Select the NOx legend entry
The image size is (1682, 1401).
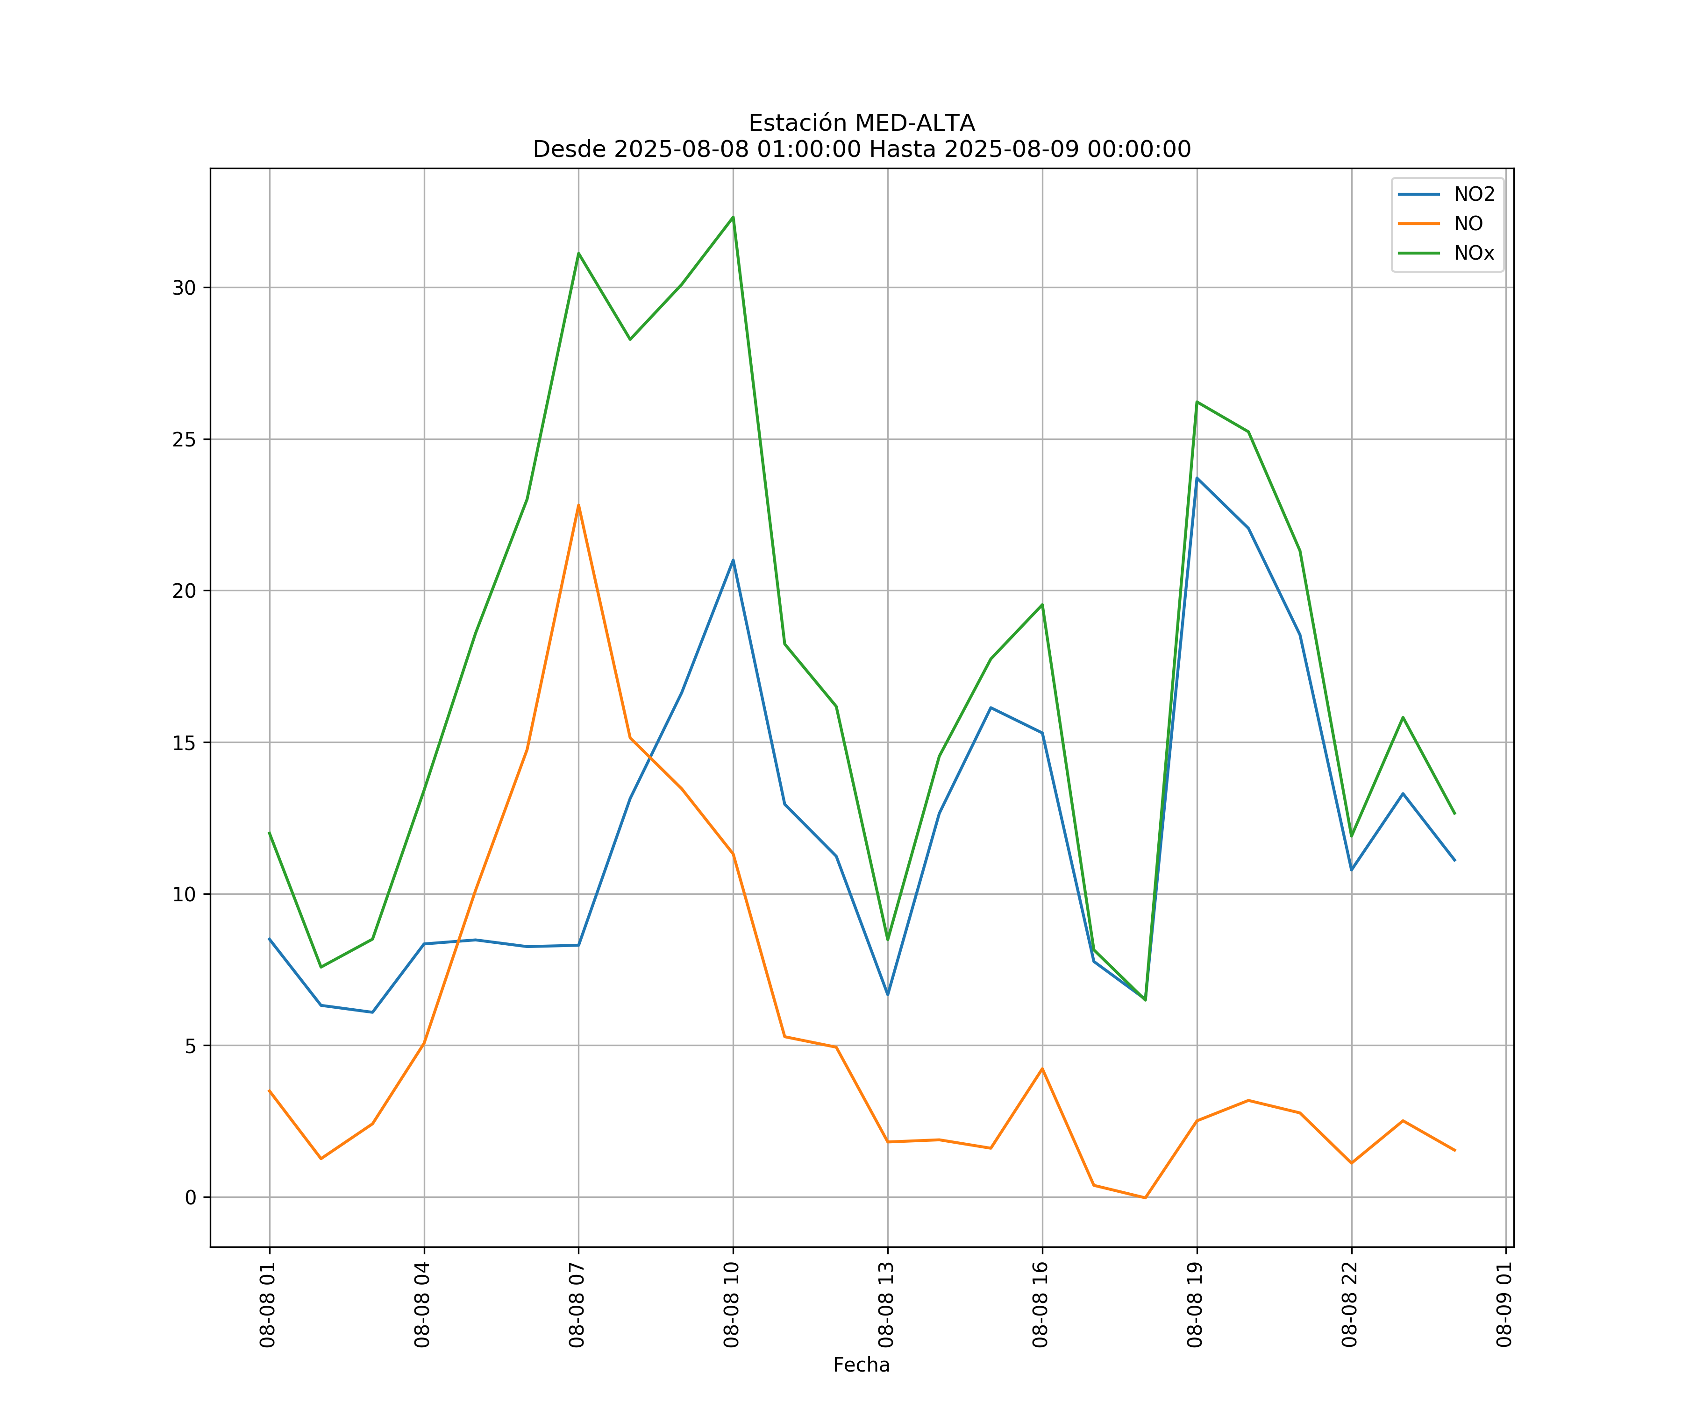pos(1474,253)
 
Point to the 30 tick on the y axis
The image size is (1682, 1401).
pos(184,287)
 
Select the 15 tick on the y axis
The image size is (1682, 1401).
pos(184,742)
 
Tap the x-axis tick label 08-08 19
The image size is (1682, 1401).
pos(1196,1304)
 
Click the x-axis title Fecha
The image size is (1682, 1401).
pos(861,1365)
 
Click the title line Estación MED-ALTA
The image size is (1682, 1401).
pos(861,123)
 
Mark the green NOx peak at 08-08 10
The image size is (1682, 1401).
pos(733,217)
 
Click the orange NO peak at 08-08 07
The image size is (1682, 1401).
pos(578,505)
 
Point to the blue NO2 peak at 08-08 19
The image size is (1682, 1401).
pos(1197,478)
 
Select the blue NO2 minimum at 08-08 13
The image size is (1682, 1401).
pos(887,994)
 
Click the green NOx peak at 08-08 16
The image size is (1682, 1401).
pos(1042,604)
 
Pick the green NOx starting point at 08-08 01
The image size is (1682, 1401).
pos(269,833)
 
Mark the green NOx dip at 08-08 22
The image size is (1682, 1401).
pos(1351,836)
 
